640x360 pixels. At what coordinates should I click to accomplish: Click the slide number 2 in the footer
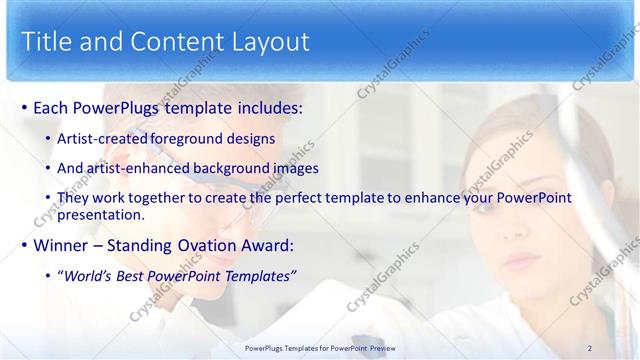pyautogui.click(x=590, y=347)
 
